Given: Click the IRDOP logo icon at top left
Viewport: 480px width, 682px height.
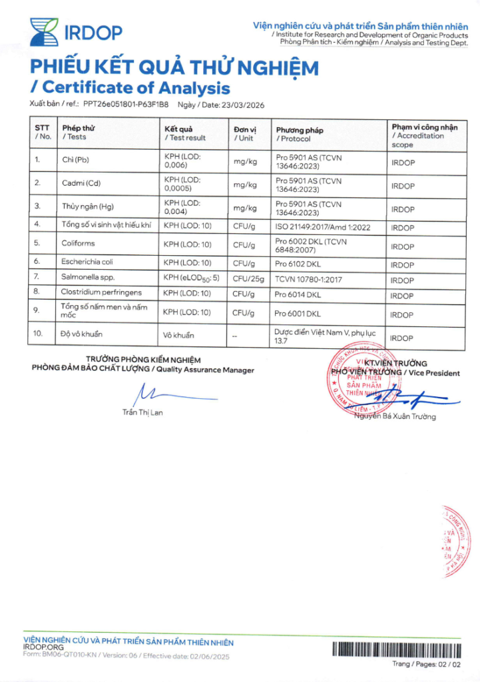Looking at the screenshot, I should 43,31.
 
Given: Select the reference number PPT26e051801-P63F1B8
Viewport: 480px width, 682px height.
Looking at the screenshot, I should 126,105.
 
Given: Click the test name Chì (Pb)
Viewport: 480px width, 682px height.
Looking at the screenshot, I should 75,160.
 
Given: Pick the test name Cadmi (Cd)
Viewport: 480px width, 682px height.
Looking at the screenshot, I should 81,182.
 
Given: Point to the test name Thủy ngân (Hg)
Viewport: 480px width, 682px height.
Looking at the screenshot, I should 88,206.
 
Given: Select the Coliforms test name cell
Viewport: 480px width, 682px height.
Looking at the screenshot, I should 79,244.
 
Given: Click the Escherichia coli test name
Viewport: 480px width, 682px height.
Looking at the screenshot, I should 89,262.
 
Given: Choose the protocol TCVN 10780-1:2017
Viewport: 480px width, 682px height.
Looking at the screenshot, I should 309,279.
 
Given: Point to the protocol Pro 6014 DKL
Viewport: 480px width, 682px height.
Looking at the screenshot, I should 298,294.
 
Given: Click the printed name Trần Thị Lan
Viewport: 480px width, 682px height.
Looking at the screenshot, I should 142,412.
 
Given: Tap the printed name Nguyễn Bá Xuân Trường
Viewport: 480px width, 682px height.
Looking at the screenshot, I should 395,417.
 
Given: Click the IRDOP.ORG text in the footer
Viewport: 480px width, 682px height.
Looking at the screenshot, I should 43,647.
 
